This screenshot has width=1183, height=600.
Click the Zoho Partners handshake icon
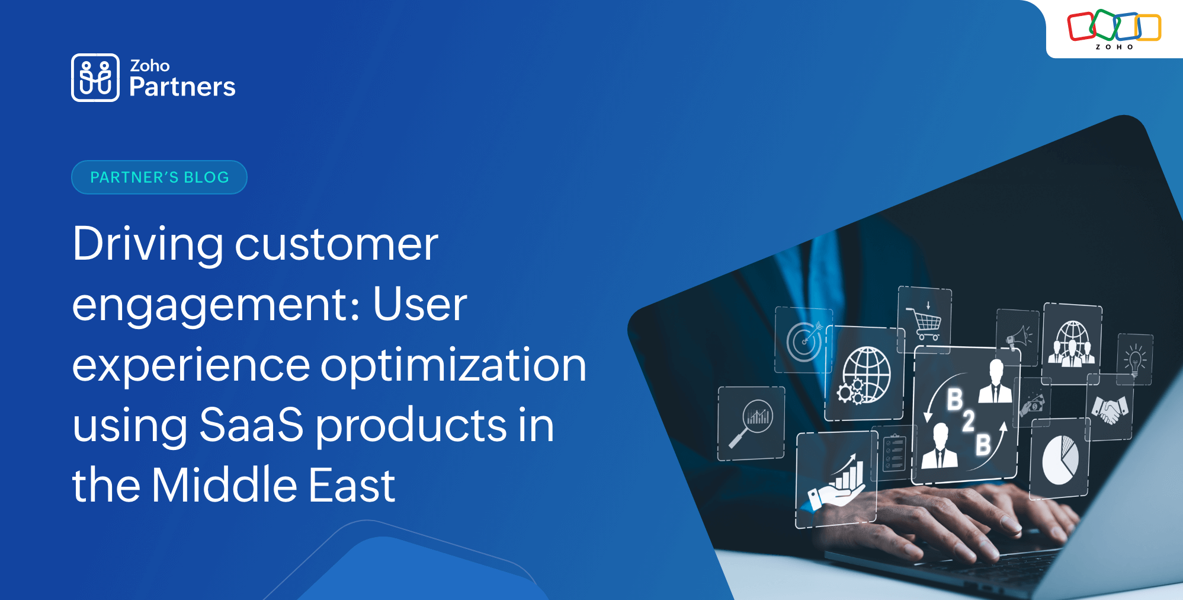click(x=95, y=78)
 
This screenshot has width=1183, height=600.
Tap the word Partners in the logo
click(x=182, y=87)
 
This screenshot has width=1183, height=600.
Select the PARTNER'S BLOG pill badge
click(x=159, y=177)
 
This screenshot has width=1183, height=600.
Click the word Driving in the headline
click(x=148, y=244)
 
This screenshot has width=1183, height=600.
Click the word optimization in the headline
click(x=453, y=365)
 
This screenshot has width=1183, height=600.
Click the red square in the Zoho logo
click(x=1081, y=27)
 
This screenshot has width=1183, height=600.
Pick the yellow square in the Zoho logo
click(x=1148, y=27)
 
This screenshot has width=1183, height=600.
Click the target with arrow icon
click(x=804, y=341)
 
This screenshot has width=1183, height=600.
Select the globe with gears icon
click(x=864, y=375)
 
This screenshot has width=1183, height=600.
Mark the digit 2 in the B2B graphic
click(x=969, y=422)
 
